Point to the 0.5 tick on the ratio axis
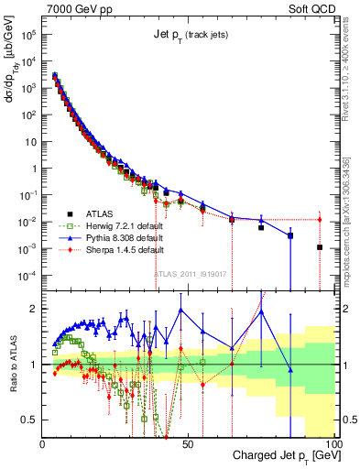coord(30,420)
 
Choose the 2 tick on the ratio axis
coord(35,309)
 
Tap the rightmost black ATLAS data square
coord(320,247)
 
